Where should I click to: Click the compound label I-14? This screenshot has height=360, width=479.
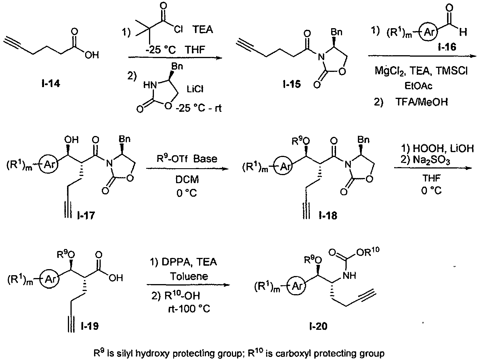tap(51, 83)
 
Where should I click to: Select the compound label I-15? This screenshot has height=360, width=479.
tap(292, 84)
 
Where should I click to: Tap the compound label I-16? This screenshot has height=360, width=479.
tap(447, 47)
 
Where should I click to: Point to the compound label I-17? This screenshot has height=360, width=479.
tap(86, 216)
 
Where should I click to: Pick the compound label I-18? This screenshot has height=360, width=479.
tap(328, 216)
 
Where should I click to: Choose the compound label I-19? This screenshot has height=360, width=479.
tap(90, 326)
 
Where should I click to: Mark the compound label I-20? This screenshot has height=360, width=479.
tap(318, 326)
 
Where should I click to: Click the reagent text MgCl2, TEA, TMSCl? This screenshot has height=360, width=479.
tap(421, 71)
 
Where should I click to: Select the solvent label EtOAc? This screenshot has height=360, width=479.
tap(418, 86)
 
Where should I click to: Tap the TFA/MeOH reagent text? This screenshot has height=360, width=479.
tap(422, 102)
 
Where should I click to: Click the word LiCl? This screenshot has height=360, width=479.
tap(195, 89)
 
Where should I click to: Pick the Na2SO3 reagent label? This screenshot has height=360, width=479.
tap(431, 161)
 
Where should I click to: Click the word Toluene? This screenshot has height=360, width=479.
tap(189, 277)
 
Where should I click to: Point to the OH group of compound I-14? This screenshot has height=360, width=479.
tap(92, 55)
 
